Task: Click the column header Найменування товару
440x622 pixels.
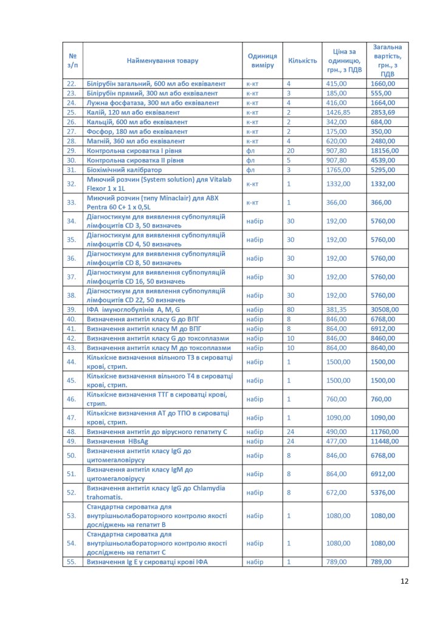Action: pyautogui.click(x=162, y=61)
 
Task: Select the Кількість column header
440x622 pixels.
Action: pyautogui.click(x=303, y=61)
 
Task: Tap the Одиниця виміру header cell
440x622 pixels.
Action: pyautogui.click(x=263, y=61)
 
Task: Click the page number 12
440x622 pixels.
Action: pyautogui.click(x=405, y=581)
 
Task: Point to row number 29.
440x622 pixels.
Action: pyautogui.click(x=72, y=151)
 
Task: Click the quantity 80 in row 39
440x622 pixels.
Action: pyautogui.click(x=290, y=310)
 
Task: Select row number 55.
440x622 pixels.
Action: pyautogui.click(x=72, y=562)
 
